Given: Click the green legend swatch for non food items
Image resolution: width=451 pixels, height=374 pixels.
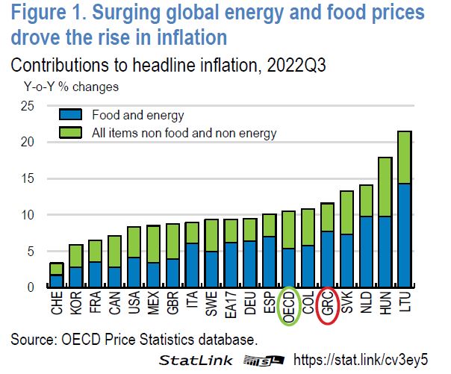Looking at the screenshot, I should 69,133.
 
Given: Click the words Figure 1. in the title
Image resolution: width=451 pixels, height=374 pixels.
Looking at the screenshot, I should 45,13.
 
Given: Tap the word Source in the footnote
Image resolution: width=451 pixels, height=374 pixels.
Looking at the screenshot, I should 32,339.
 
